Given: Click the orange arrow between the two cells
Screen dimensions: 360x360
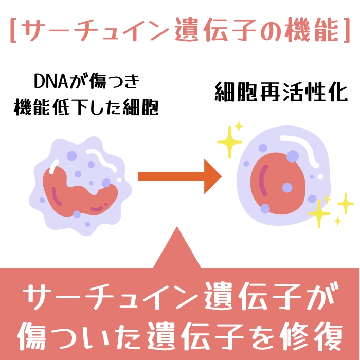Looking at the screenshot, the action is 179,176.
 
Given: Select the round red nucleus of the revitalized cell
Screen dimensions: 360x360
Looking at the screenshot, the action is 278,183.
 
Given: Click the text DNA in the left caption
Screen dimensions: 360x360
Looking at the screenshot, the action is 51,81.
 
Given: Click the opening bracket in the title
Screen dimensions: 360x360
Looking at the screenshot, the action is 13,30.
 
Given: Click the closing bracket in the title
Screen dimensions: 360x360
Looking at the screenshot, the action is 346,30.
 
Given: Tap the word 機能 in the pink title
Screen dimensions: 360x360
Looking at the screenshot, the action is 311,30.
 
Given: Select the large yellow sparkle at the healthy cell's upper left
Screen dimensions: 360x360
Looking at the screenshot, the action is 229,142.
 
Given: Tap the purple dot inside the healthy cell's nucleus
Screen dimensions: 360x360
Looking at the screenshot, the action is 287,188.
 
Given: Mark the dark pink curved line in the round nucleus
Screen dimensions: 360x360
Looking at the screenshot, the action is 263,180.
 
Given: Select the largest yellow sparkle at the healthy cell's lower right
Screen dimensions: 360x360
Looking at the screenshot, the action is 319,213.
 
